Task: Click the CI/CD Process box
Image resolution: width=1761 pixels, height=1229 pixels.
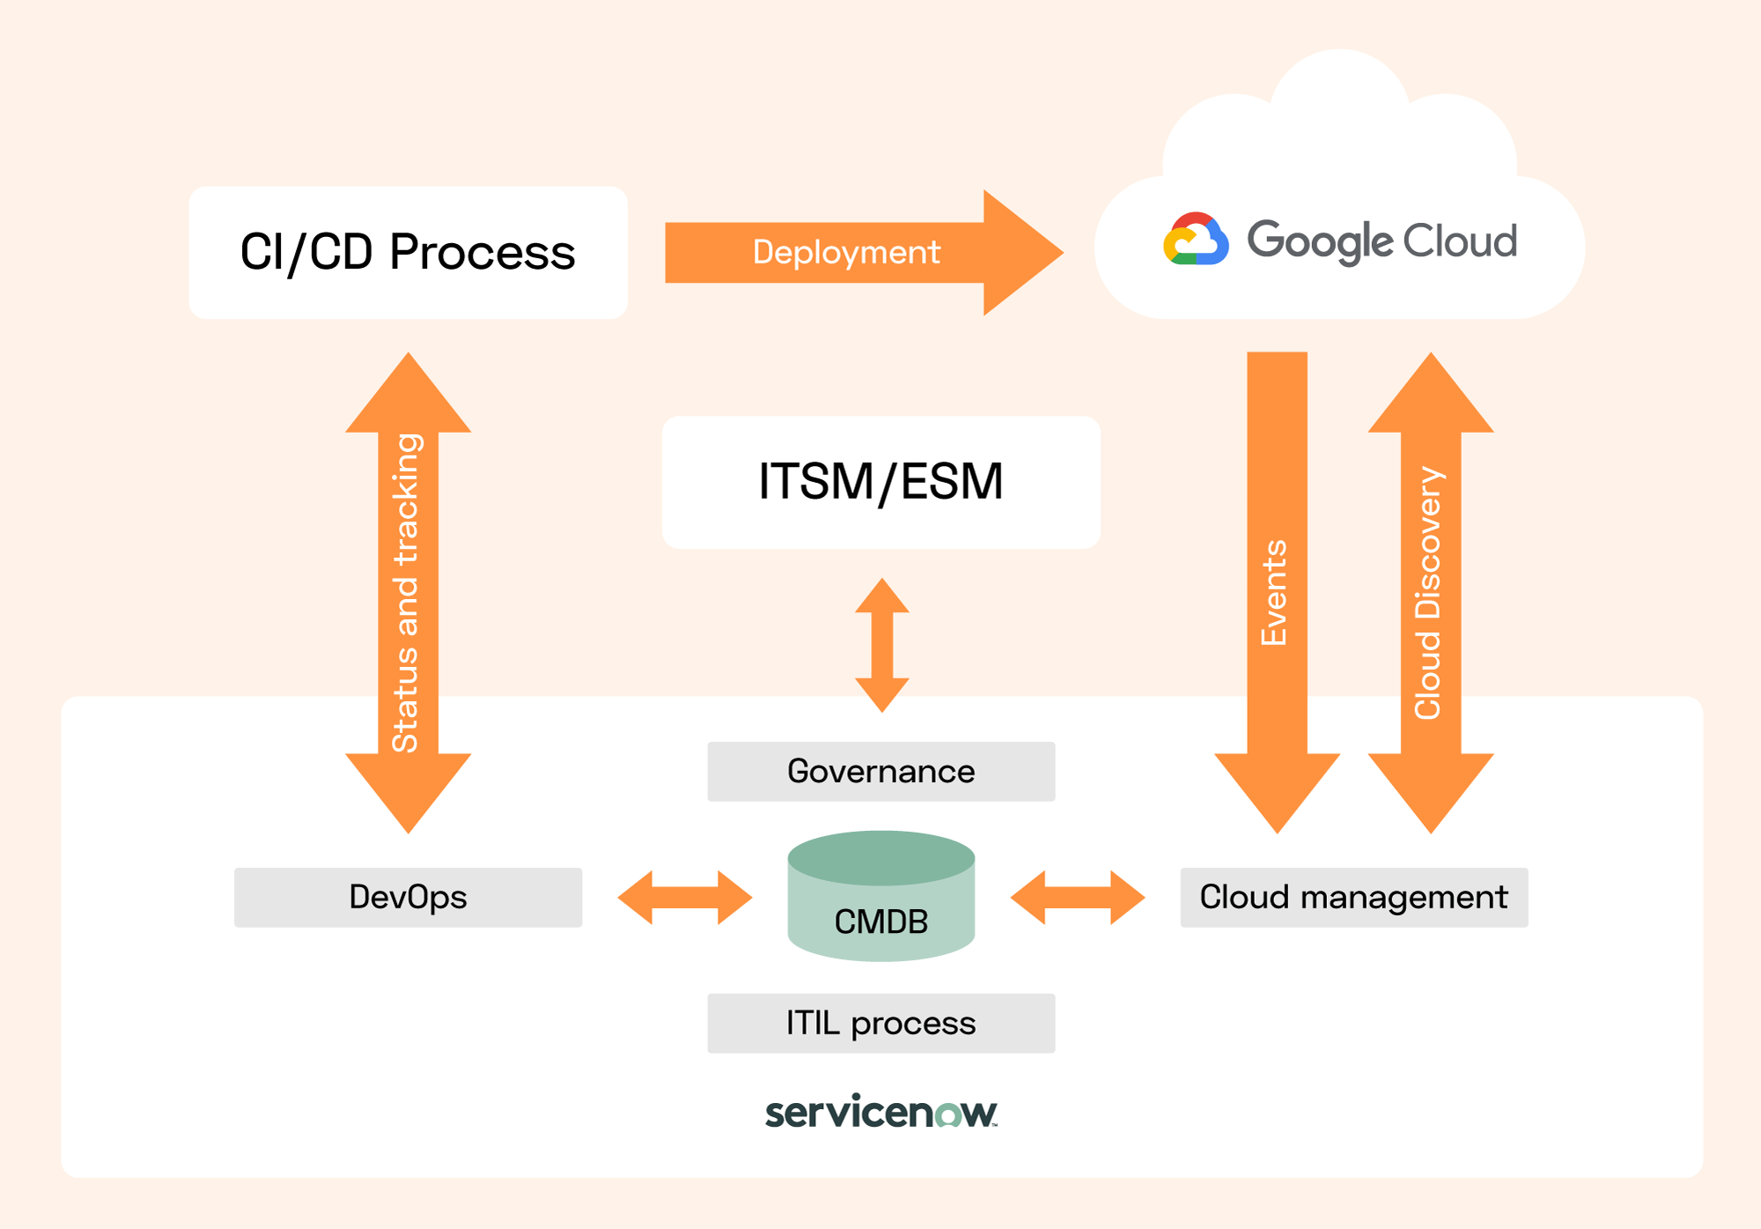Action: point(408,252)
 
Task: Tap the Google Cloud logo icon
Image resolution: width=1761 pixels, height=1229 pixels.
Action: point(1195,240)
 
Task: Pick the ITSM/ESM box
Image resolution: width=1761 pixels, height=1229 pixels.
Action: point(880,482)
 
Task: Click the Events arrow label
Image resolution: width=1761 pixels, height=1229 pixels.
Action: point(1275,592)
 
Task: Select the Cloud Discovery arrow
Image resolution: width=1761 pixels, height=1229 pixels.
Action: point(1430,592)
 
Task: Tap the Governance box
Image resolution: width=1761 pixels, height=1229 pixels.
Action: point(880,772)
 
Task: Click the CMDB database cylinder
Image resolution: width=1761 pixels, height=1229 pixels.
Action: point(880,897)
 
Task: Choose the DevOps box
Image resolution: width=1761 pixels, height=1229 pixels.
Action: point(408,897)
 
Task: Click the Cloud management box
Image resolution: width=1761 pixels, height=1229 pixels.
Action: point(1353,897)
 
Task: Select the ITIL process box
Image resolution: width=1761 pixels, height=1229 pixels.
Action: point(880,1023)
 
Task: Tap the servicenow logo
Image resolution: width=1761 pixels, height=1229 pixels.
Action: point(880,1112)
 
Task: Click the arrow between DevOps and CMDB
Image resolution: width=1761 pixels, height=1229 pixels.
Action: point(685,898)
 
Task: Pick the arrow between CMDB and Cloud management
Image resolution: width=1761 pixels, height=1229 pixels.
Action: point(1077,898)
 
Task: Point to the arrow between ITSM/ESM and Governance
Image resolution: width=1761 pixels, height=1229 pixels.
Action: point(881,645)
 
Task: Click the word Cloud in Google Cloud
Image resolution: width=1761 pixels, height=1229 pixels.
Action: point(1459,241)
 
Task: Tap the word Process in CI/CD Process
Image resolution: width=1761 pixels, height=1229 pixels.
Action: point(482,253)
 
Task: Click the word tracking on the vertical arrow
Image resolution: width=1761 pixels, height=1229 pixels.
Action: point(406,500)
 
